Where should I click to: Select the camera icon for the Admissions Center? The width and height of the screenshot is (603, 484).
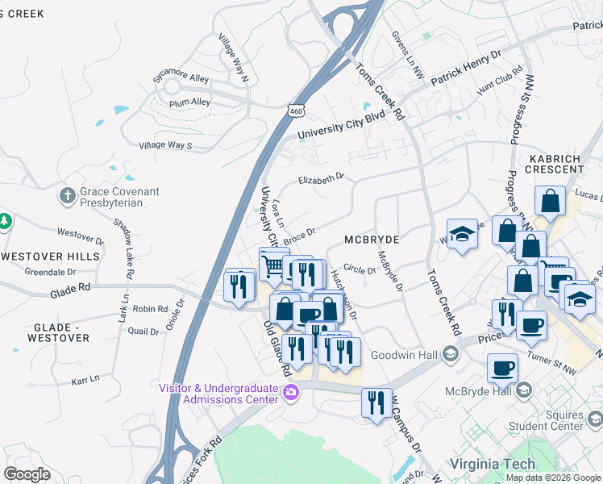coord(291,394)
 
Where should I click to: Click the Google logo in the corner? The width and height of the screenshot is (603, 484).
coord(27,474)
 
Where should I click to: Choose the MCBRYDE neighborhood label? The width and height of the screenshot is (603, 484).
coord(372,240)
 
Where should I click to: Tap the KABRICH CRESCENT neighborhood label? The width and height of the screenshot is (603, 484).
coord(557,164)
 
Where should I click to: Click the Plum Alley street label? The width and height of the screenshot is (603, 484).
coord(189,102)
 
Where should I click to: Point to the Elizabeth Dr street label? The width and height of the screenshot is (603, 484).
coord(321,179)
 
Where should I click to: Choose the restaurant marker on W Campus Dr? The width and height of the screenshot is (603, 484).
coord(376,403)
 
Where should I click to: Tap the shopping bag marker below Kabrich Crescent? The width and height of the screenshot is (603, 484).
coord(549,202)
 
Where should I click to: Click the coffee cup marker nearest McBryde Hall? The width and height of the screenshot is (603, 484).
coord(502,368)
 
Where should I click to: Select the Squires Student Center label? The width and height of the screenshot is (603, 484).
coord(571,419)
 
